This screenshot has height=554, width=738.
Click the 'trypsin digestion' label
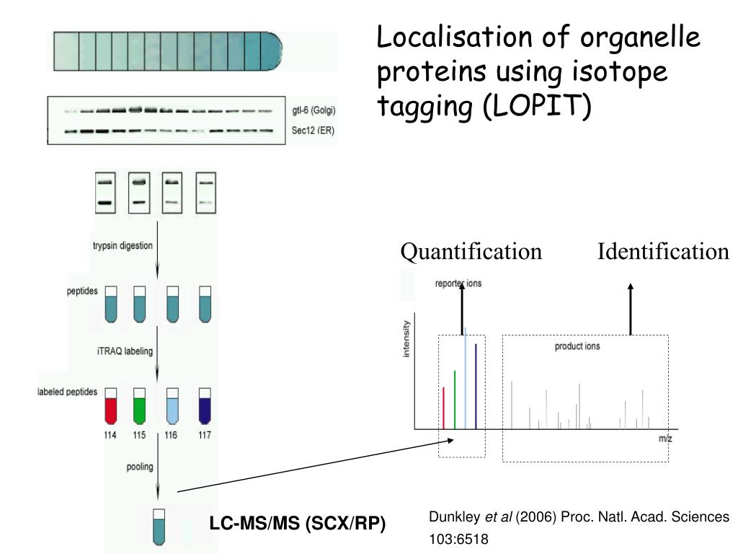[x=123, y=245]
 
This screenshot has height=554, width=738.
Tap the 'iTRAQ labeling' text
[x=124, y=351]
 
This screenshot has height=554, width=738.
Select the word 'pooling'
[x=140, y=467]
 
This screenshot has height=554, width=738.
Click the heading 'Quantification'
[x=471, y=252]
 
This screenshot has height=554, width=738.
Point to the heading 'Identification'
[x=663, y=252]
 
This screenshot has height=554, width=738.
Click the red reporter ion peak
[x=443, y=408]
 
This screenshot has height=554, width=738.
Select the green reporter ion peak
[x=454, y=400]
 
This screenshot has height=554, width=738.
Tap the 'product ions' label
[x=577, y=346]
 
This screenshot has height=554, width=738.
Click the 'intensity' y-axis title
[x=406, y=339]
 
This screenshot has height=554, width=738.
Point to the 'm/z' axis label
[x=664, y=438]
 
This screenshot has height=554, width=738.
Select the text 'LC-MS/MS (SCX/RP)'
[x=298, y=524]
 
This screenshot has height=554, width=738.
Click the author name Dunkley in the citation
[x=455, y=517]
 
